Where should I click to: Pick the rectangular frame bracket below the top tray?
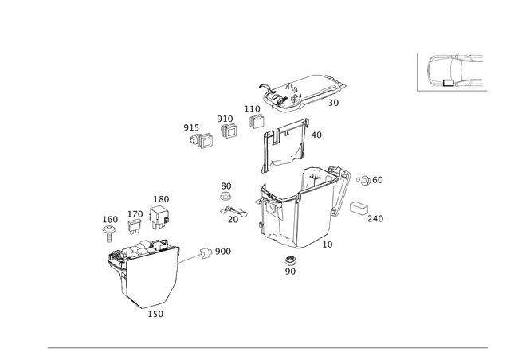click(284, 143)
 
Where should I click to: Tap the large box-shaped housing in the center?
click(295, 207)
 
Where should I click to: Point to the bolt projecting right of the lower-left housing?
click(205, 253)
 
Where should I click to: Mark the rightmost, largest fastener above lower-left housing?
click(161, 213)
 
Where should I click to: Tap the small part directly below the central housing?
click(290, 265)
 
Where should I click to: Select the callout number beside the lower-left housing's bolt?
click(224, 251)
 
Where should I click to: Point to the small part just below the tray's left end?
click(254, 117)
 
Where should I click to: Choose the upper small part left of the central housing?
click(226, 190)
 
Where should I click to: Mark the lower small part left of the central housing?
click(231, 213)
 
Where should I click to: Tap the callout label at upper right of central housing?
click(371, 181)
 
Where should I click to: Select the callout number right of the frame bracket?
click(317, 136)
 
